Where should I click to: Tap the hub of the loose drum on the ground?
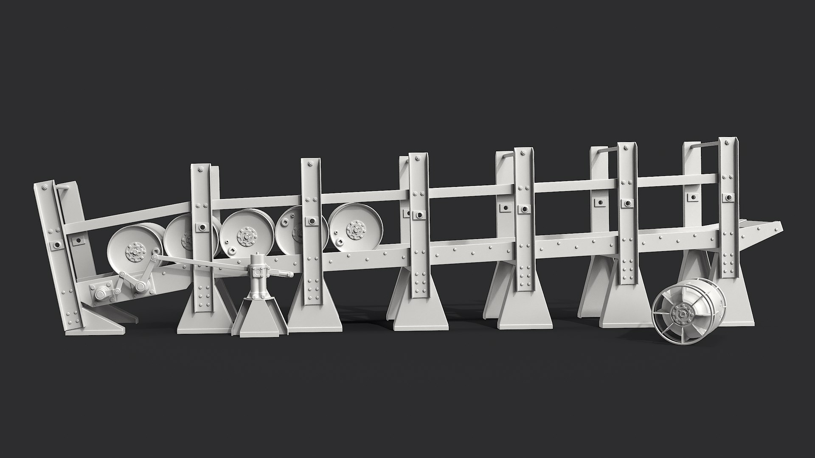(681, 314)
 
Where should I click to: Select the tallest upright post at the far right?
(727, 212)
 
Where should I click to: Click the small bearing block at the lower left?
(100, 293)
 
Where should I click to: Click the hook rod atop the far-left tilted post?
(64, 186)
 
